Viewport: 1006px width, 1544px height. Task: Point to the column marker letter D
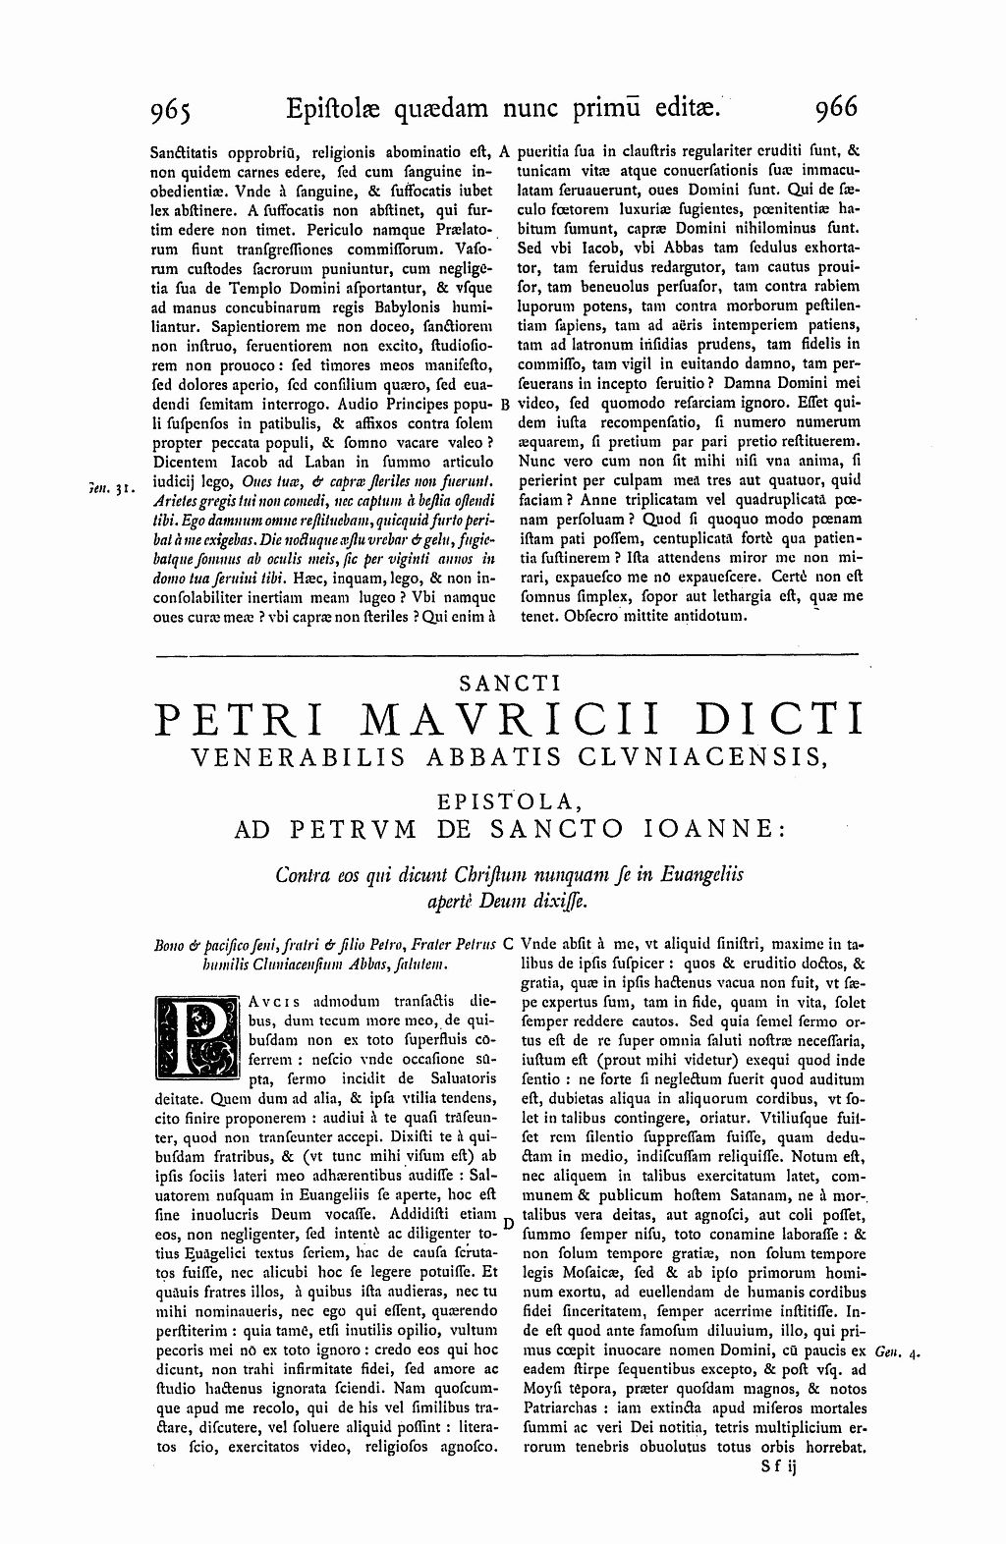tap(508, 1224)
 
